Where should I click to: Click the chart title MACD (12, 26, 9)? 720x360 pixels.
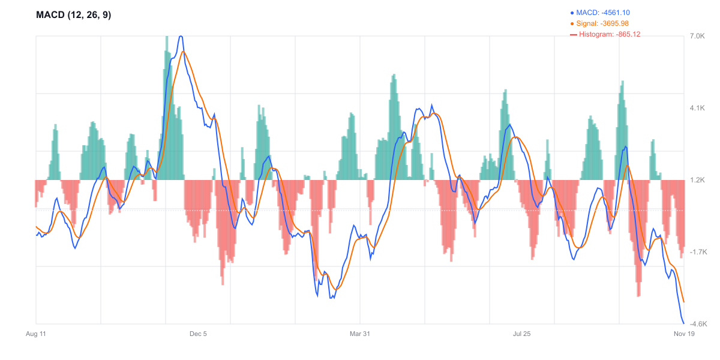(73, 15)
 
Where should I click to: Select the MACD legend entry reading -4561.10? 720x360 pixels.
(603, 13)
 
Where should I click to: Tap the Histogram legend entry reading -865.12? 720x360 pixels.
(609, 34)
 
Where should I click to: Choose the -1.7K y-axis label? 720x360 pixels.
(698, 252)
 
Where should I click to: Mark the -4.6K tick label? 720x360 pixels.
(698, 324)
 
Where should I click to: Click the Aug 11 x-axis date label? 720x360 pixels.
(36, 334)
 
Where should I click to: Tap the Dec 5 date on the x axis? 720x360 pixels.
(198, 334)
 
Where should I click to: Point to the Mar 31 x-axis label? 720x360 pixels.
(360, 334)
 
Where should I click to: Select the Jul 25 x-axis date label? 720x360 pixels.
(522, 334)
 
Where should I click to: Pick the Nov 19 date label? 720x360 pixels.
(684, 334)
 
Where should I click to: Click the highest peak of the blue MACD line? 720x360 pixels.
(180, 37)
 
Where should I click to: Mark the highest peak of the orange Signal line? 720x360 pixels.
(184, 52)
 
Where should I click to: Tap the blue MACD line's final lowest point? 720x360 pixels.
(683, 323)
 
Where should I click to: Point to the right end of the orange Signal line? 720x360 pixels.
(684, 302)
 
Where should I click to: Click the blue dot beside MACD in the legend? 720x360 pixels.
(572, 13)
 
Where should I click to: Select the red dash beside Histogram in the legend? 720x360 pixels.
(573, 35)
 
